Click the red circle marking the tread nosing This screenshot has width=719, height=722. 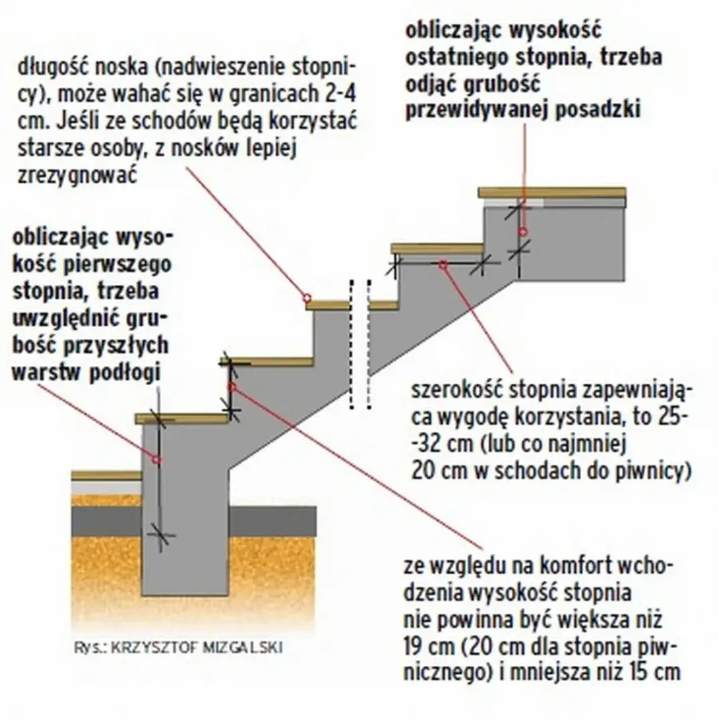click(x=305, y=296)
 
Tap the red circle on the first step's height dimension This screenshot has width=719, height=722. click(x=158, y=459)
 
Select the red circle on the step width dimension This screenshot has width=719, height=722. click(x=441, y=264)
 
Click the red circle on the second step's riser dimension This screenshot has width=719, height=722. click(x=231, y=386)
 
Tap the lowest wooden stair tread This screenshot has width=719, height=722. click(x=182, y=418)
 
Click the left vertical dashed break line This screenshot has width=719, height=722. click(x=350, y=344)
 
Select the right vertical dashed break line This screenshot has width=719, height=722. click(x=368, y=344)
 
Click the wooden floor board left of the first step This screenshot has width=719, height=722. click(x=106, y=475)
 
